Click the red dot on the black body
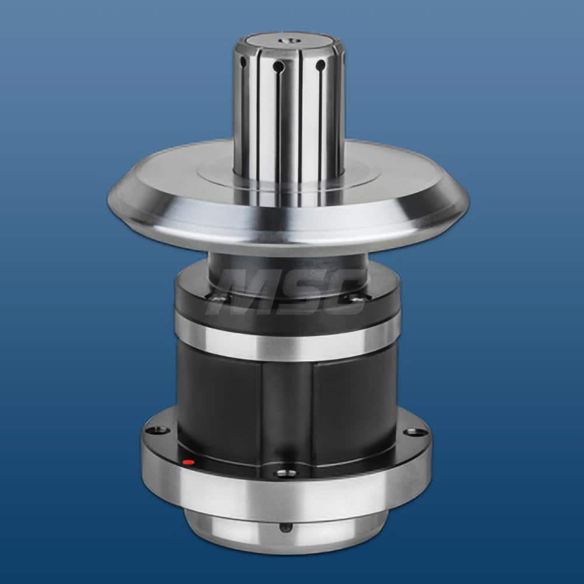(x=188, y=463)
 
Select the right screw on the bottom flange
(x=416, y=432)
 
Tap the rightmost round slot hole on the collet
(x=320, y=65)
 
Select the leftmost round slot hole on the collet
(x=242, y=61)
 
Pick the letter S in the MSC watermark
(x=295, y=292)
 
